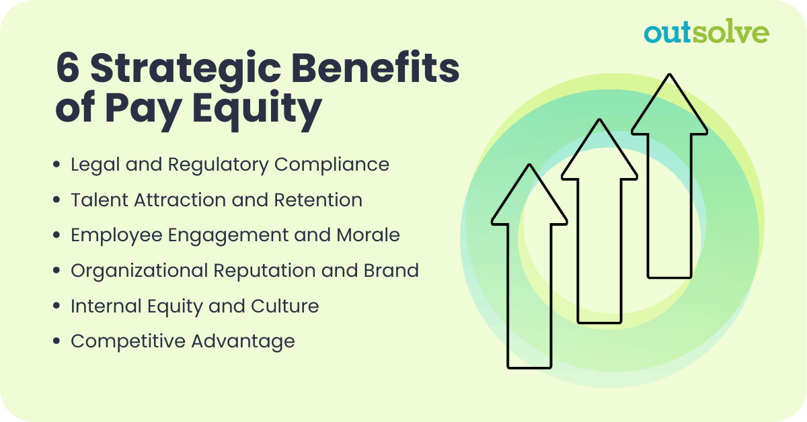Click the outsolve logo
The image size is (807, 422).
(x=705, y=32)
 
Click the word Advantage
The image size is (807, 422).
(x=243, y=341)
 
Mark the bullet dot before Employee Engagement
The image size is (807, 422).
(x=56, y=235)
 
